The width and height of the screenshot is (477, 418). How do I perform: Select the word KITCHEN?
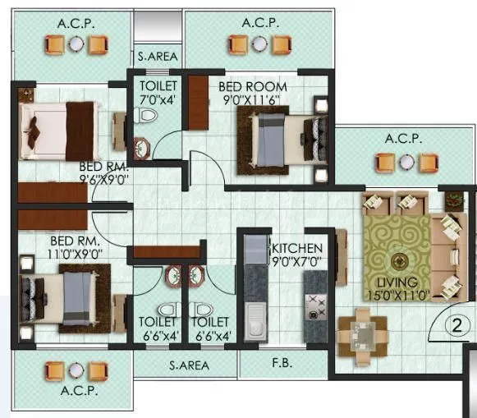point(297,248)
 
